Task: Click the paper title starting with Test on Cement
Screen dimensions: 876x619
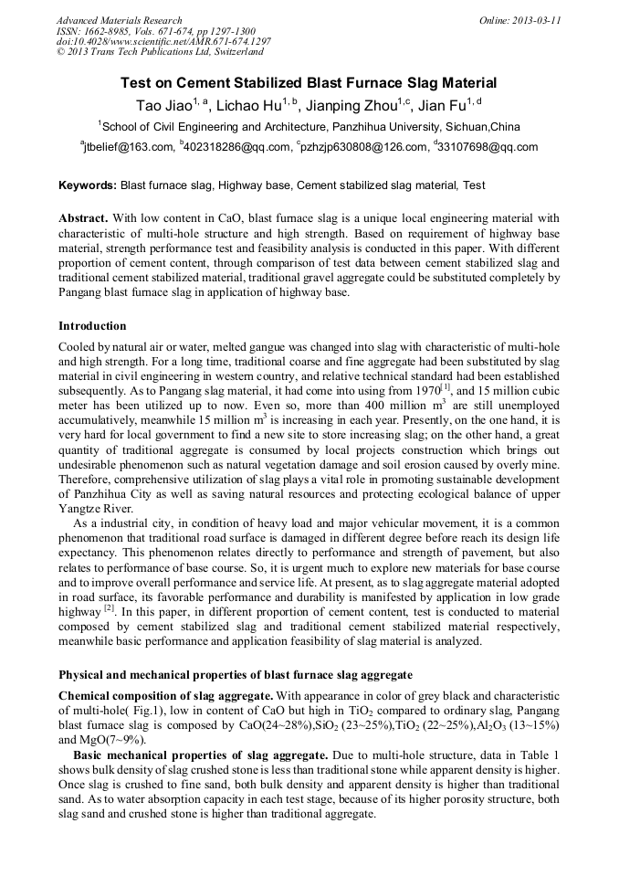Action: coord(309,82)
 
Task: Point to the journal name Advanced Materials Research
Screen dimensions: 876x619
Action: coord(119,20)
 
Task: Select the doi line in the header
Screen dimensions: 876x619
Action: coord(163,41)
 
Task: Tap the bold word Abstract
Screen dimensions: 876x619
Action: coord(83,219)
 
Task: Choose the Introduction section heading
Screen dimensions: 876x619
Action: coord(92,326)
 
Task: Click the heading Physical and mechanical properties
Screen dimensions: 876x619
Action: coord(235,675)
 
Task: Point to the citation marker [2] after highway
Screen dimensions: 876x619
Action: coord(109,607)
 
